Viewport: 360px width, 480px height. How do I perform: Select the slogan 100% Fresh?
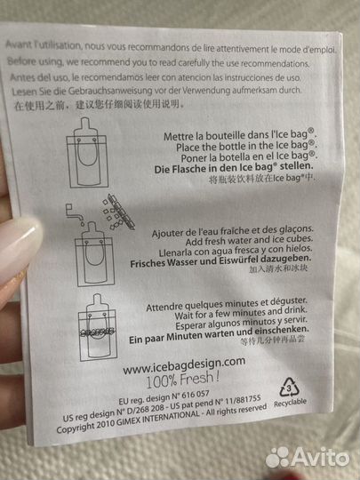point(179,378)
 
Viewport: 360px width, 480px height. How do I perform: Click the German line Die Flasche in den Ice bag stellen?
point(224,166)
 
